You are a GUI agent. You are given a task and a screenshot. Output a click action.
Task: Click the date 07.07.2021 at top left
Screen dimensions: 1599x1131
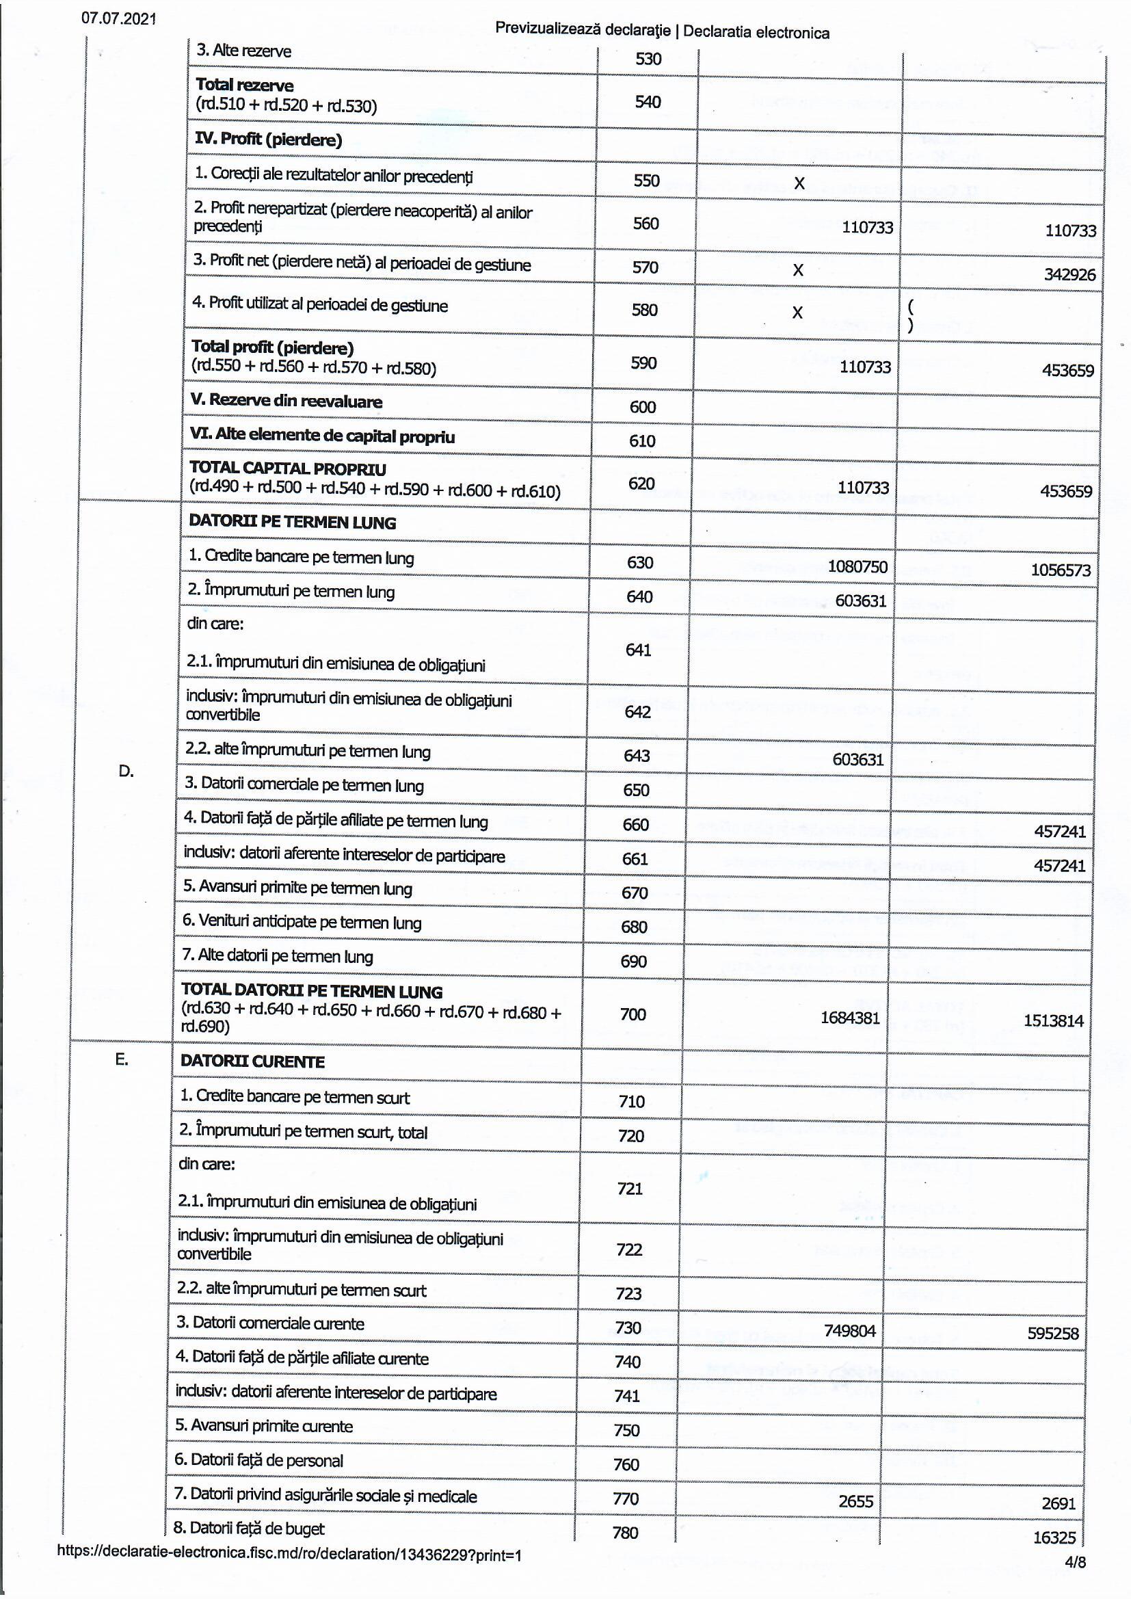[x=118, y=18]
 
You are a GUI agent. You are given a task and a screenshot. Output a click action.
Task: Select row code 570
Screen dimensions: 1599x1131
[x=645, y=267]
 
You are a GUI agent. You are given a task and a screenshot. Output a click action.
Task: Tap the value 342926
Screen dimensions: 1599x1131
[x=1069, y=274]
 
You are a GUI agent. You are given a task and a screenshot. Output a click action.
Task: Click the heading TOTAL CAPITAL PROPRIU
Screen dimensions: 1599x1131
[x=287, y=468]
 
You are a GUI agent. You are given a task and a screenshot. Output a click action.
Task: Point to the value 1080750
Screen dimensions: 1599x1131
[x=857, y=566]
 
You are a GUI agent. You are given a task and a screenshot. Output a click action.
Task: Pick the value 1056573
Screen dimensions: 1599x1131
[x=1060, y=570]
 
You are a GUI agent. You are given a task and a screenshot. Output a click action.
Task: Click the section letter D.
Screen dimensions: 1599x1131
[x=126, y=771]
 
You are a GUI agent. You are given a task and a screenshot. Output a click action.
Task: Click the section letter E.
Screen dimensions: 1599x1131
[x=121, y=1060]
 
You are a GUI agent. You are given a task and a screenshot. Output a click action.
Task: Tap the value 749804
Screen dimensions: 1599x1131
[x=849, y=1331]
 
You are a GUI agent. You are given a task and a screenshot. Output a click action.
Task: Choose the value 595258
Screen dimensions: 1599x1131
[x=1052, y=1334]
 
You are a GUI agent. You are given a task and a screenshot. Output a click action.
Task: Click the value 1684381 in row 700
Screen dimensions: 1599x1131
[x=850, y=1018]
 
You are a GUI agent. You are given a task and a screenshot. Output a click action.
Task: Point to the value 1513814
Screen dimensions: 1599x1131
[x=1053, y=1021]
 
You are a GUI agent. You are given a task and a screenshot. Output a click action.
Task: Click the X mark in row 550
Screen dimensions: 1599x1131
[x=799, y=183]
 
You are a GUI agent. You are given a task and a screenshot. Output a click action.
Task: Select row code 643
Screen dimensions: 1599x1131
[x=637, y=756]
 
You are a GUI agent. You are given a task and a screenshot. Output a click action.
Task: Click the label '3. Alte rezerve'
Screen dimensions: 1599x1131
[x=243, y=51]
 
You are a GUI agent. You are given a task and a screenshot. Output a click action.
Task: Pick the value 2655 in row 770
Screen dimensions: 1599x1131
[x=855, y=1501]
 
